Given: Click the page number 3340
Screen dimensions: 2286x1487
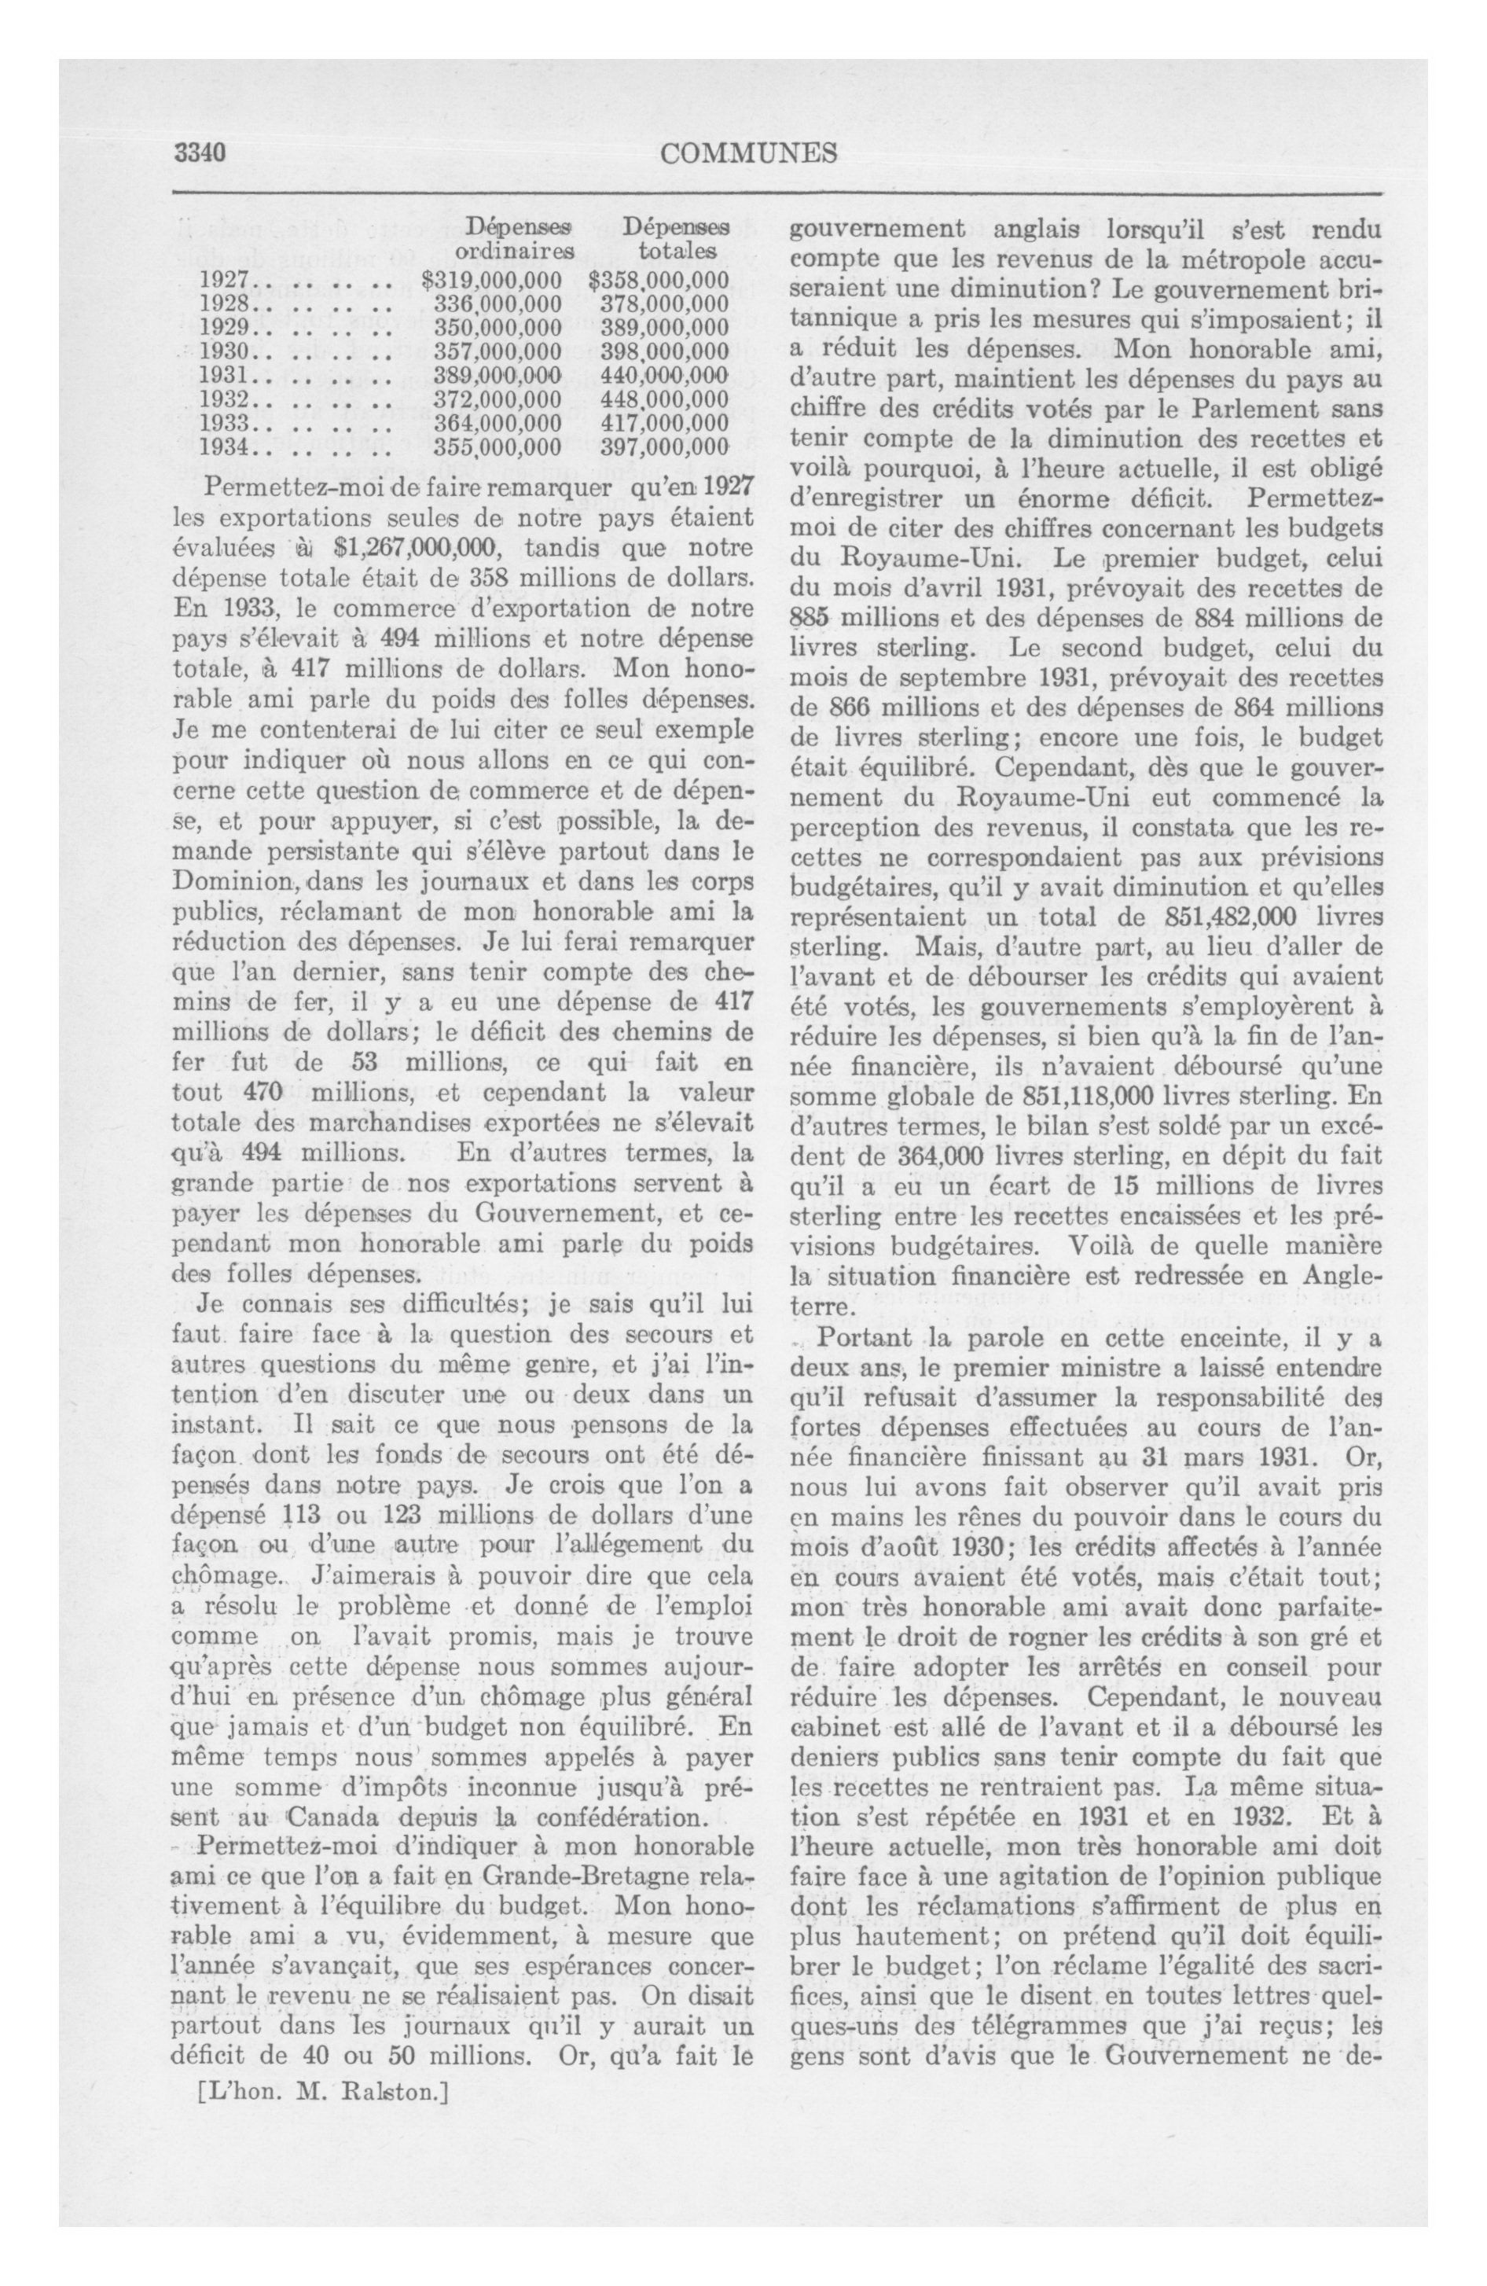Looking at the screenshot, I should point(199,153).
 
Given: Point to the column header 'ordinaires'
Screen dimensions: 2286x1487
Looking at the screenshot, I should point(514,252).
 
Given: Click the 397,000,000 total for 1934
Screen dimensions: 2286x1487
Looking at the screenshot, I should point(664,447).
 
